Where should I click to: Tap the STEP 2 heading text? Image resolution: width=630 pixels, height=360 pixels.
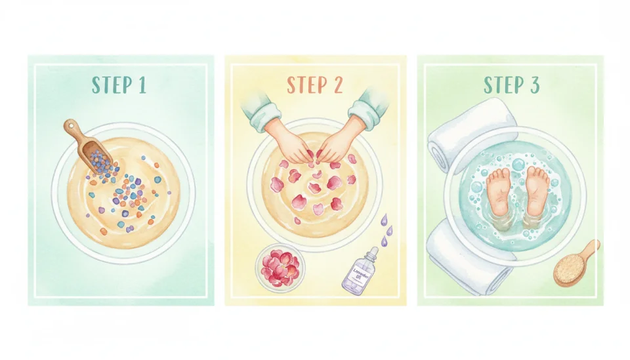coord(316,86)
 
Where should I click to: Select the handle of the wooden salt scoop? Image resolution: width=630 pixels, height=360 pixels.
coord(71,127)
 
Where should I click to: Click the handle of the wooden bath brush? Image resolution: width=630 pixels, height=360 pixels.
coord(591,249)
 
